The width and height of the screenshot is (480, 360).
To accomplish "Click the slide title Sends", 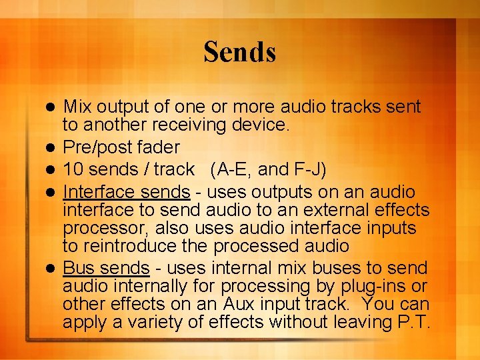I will [240, 51].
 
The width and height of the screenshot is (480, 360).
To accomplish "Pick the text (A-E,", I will [235, 169].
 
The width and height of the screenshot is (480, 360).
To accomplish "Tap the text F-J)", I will [306, 169].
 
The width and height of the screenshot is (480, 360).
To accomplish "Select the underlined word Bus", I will [77, 268].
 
